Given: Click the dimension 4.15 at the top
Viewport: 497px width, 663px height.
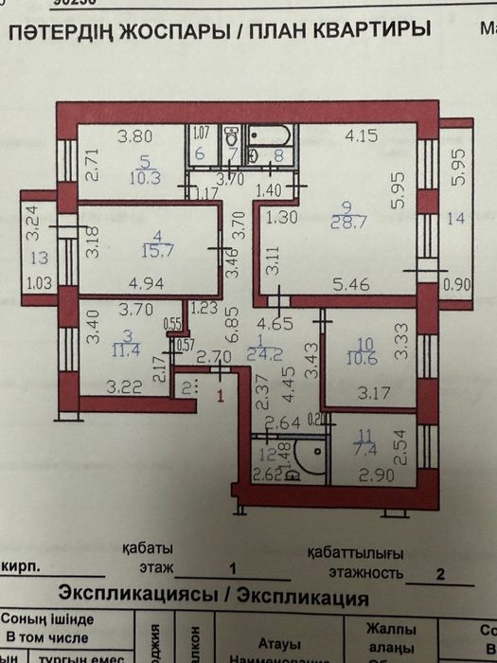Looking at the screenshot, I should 361,135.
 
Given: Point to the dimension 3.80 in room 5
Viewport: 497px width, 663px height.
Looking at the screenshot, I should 134,135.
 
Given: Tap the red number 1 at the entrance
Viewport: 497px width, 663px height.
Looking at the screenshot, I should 221,397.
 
